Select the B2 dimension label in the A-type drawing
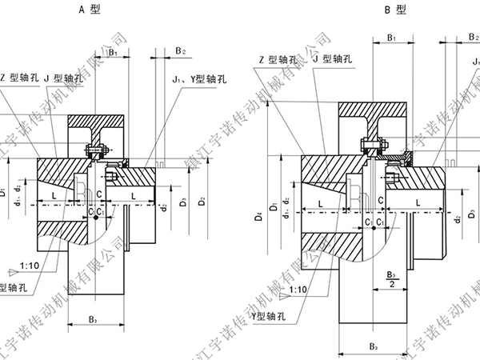180,51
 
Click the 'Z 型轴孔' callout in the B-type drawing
275,58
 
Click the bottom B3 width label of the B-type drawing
372,346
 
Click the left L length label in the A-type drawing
53,195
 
